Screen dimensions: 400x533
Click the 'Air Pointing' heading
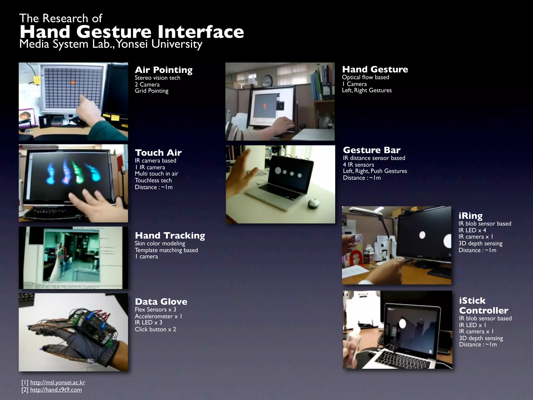(163, 70)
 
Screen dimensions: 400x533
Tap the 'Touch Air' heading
(158, 153)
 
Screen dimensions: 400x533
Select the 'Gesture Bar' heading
(372, 150)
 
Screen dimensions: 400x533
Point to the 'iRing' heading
(470, 216)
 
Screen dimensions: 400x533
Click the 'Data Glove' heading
(161, 302)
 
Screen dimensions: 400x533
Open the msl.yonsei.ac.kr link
(58, 382)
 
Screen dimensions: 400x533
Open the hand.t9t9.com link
(56, 390)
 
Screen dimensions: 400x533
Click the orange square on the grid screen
(73, 83)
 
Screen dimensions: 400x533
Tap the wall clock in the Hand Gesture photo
(267, 81)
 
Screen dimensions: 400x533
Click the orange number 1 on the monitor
(265, 106)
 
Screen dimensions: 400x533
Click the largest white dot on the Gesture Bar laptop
(278, 171)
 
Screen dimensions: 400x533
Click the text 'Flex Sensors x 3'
(155, 310)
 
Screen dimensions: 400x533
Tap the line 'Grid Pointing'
(151, 91)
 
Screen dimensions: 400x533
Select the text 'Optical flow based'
(365, 77)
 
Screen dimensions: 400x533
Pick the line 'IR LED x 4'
(472, 230)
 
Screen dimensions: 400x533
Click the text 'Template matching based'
(166, 250)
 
